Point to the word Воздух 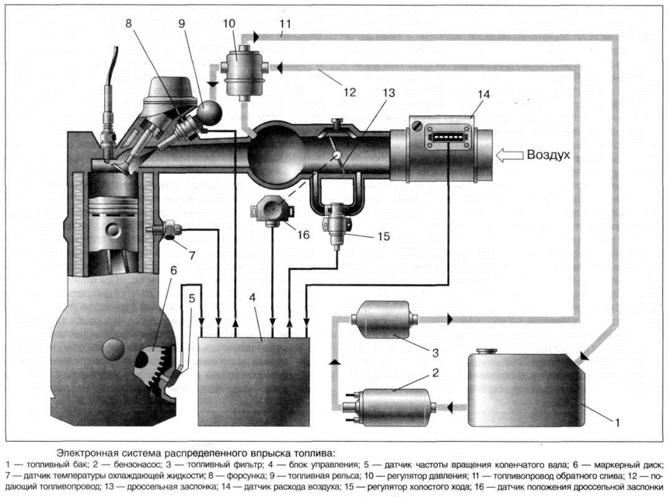coord(549,155)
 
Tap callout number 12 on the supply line coord(349,92)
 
